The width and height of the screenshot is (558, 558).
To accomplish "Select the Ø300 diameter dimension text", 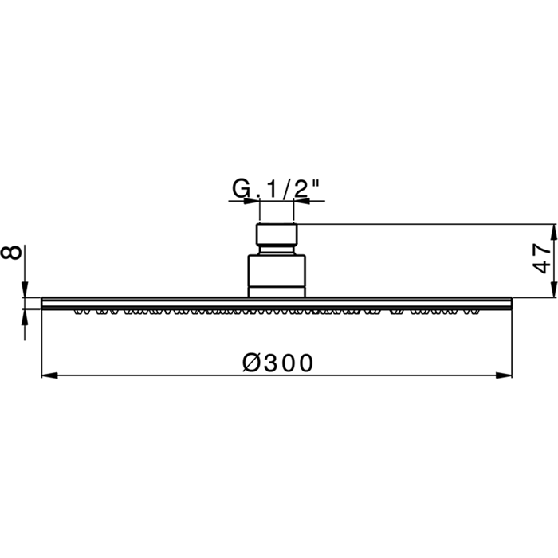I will tap(277, 363).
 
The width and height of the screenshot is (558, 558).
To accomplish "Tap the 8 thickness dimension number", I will tap(12, 253).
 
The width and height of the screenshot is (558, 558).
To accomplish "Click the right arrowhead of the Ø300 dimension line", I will tap(504, 374).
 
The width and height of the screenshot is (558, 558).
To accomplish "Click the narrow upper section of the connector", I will tap(277, 236).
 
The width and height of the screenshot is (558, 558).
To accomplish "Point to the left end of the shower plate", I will tap(44, 302).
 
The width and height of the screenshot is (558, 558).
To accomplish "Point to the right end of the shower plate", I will tap(510, 302).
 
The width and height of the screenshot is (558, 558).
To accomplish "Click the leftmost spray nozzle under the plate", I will tap(80, 312).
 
